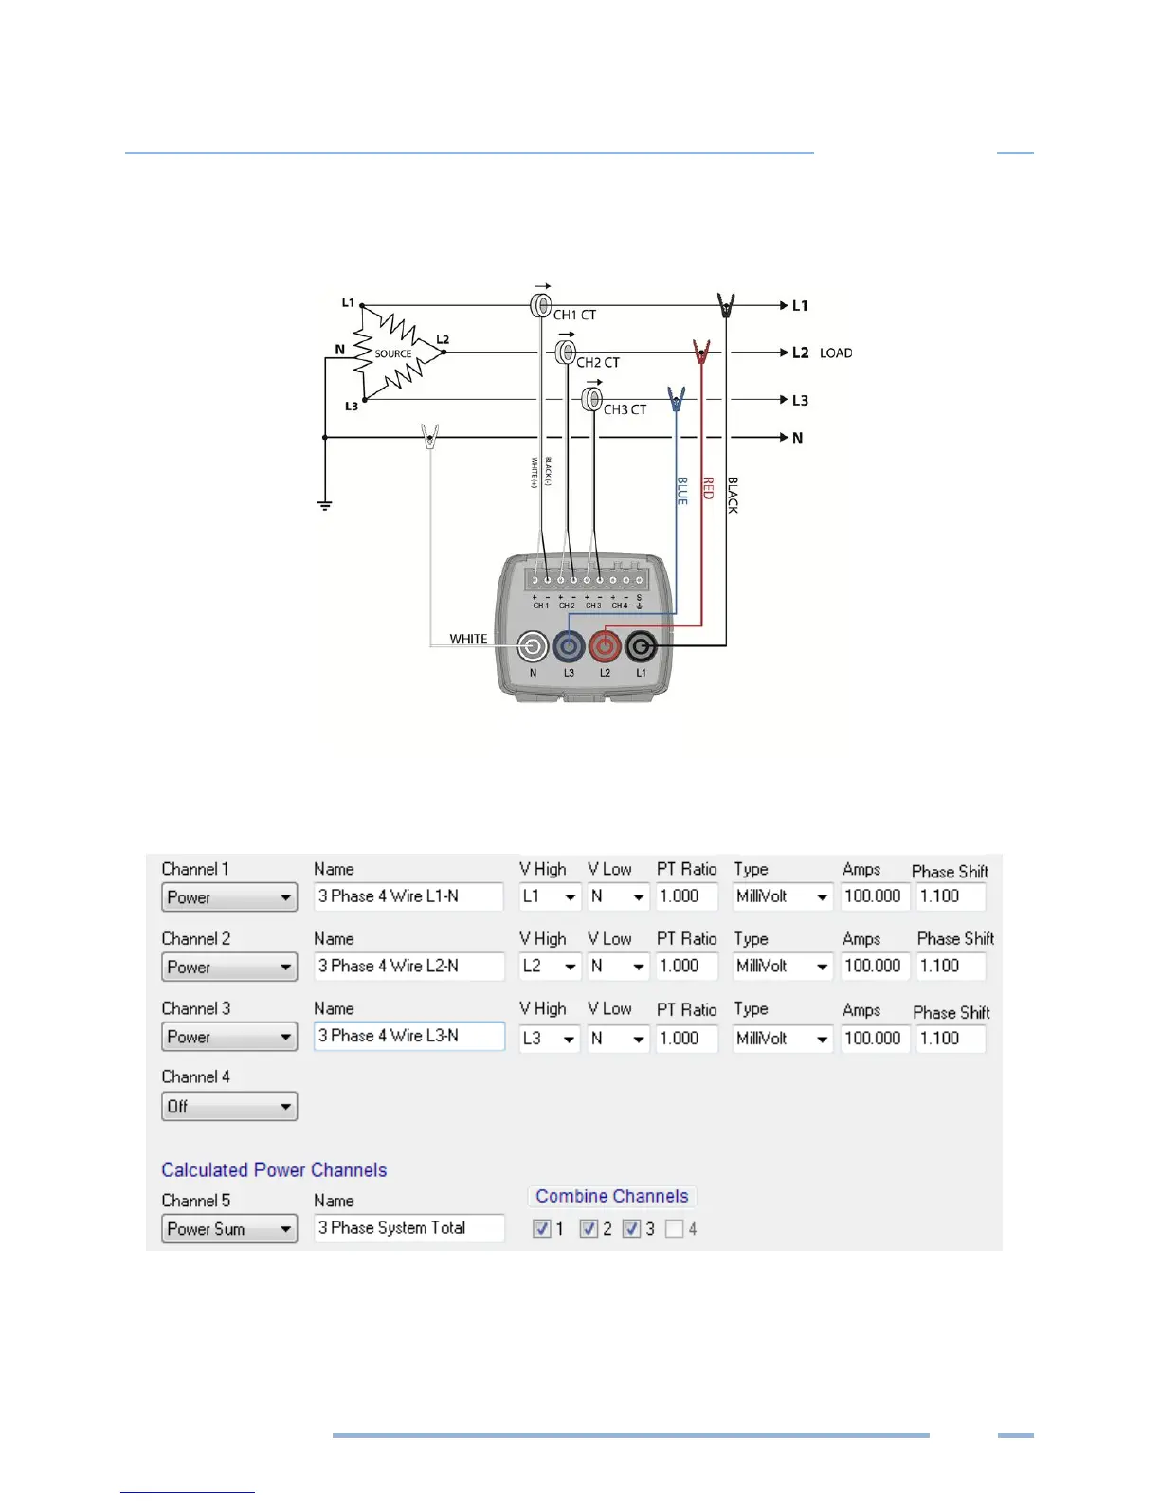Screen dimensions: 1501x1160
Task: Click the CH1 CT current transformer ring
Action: (x=540, y=305)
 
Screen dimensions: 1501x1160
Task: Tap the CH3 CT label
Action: (x=625, y=409)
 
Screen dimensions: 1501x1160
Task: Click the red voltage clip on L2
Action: (x=701, y=353)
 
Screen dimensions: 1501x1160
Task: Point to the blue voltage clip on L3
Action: (x=676, y=399)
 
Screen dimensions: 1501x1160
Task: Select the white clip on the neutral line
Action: (x=430, y=437)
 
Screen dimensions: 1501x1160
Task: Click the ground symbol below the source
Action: (x=325, y=505)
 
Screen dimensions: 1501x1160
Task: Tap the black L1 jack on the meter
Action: (x=641, y=647)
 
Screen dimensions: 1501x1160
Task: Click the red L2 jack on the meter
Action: (x=605, y=647)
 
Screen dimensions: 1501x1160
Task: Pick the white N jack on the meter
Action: (x=533, y=647)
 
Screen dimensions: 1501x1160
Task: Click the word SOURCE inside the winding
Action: (x=392, y=353)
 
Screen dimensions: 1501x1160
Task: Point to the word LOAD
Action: (x=835, y=353)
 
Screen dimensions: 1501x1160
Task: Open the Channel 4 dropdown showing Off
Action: (x=229, y=1106)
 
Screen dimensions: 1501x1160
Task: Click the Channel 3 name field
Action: (x=409, y=1037)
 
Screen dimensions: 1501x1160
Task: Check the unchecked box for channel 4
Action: (x=674, y=1229)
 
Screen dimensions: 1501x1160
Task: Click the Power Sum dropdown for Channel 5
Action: (x=229, y=1229)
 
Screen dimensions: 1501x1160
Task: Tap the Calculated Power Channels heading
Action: (x=274, y=1170)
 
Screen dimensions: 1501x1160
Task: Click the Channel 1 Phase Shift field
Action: (x=951, y=896)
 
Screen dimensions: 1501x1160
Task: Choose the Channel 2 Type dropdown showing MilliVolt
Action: (x=783, y=967)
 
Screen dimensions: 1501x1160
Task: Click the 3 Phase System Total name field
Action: (x=409, y=1228)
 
